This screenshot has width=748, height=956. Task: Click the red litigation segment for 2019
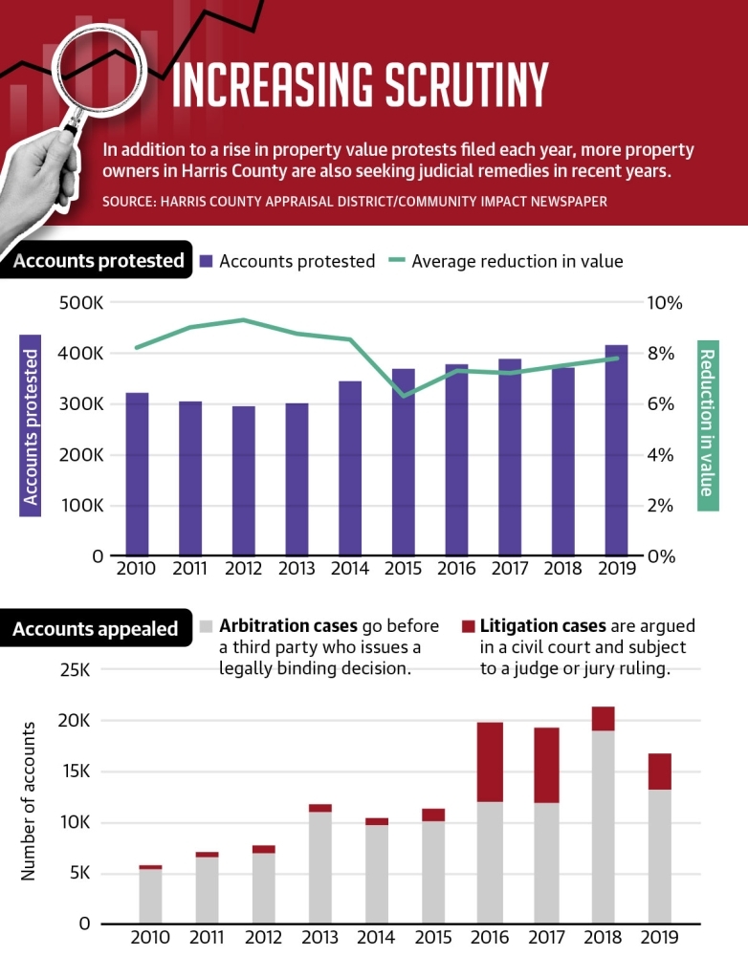(x=658, y=771)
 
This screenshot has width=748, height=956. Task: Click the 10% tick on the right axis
(x=665, y=303)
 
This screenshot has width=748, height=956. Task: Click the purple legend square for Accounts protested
(x=207, y=260)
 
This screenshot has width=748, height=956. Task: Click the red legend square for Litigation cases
(x=468, y=626)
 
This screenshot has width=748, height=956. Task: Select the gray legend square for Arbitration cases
(x=207, y=626)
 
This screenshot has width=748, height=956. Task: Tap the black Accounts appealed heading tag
(x=96, y=628)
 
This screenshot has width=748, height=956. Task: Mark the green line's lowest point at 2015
(x=405, y=396)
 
